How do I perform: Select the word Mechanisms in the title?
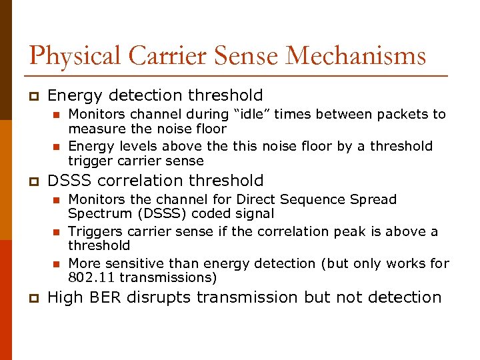356,56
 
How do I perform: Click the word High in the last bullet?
65,297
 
